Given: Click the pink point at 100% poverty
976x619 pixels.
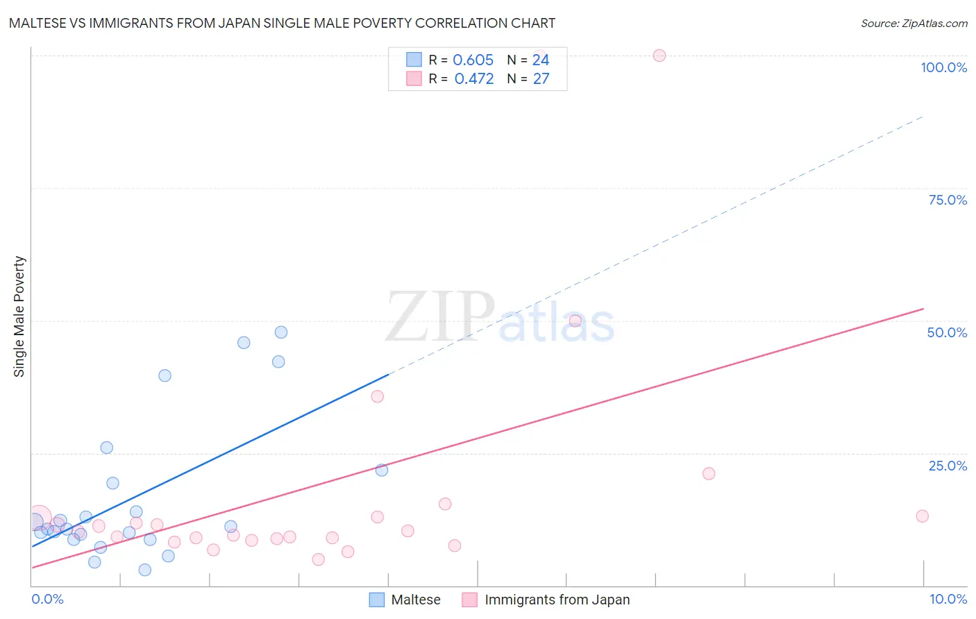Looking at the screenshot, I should (x=659, y=56).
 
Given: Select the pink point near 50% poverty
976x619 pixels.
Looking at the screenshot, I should (x=575, y=321).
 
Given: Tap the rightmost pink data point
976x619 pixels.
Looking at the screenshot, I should (x=922, y=516).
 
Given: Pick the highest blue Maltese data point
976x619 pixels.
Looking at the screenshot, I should (x=281, y=332).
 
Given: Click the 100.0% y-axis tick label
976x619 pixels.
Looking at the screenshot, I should (x=943, y=67).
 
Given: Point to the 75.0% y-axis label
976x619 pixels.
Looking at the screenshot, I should (x=948, y=200).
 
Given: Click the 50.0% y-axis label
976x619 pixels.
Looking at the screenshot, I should (x=947, y=332).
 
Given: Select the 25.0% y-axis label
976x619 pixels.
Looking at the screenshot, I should (x=948, y=466).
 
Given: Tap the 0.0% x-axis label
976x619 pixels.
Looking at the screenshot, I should (x=47, y=599).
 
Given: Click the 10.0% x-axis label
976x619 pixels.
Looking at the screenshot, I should (x=948, y=599).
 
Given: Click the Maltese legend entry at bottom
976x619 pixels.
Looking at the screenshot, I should (x=415, y=600).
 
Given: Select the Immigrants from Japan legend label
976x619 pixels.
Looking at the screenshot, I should (x=557, y=600).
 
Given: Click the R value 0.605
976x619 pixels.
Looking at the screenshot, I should (x=473, y=60).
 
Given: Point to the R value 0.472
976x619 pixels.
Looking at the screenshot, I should (x=473, y=79).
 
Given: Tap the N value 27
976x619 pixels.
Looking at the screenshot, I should (x=541, y=79).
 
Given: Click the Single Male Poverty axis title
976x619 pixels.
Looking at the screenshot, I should (x=19, y=316).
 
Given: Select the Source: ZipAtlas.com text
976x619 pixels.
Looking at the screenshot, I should (x=914, y=24).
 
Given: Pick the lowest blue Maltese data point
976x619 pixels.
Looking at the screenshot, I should (x=144, y=570).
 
